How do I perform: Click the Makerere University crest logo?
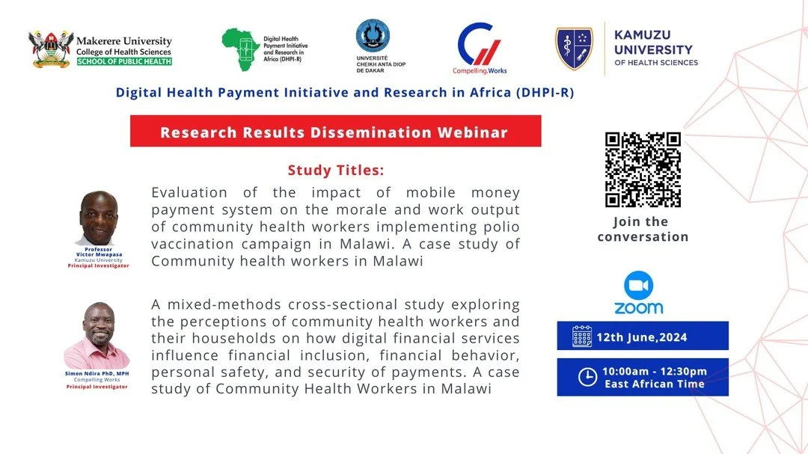(x=51, y=49)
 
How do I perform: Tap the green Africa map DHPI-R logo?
(x=241, y=49)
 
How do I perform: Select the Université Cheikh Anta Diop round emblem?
(x=373, y=36)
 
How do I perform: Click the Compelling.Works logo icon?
(x=480, y=45)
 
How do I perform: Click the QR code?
(x=643, y=170)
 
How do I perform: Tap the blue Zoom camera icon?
(x=638, y=285)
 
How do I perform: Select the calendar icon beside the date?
(x=582, y=337)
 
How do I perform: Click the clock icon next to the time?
(x=588, y=377)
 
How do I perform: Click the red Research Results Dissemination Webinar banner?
(x=334, y=132)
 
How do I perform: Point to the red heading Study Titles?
(x=335, y=170)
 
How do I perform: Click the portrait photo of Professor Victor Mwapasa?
(x=98, y=218)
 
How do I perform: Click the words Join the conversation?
(x=643, y=229)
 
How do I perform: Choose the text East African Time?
(x=655, y=384)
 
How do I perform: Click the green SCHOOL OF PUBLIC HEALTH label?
(x=124, y=61)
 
